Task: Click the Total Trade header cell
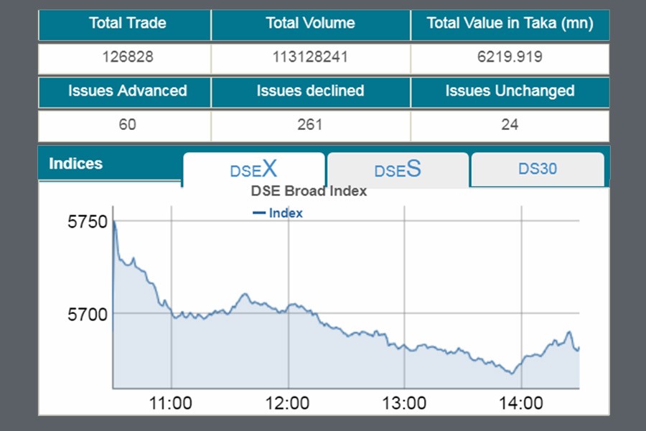tap(127, 23)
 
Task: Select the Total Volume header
tap(310, 23)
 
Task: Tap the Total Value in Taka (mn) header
tap(510, 23)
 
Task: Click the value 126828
tap(127, 57)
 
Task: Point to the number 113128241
tap(310, 57)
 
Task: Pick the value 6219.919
tap(510, 57)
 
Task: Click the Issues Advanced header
tap(127, 91)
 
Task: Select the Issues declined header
tap(310, 91)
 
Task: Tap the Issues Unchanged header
tap(510, 91)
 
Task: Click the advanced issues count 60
tap(127, 125)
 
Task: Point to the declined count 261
tap(310, 125)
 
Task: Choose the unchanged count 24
tap(510, 125)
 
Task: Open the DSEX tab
tap(253, 170)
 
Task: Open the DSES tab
tap(398, 170)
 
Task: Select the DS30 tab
tap(538, 170)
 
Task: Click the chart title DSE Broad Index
tap(309, 191)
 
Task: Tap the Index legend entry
tap(278, 213)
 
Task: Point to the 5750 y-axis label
tap(88, 222)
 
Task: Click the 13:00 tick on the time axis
tap(404, 403)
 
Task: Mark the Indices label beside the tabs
tap(75, 164)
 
